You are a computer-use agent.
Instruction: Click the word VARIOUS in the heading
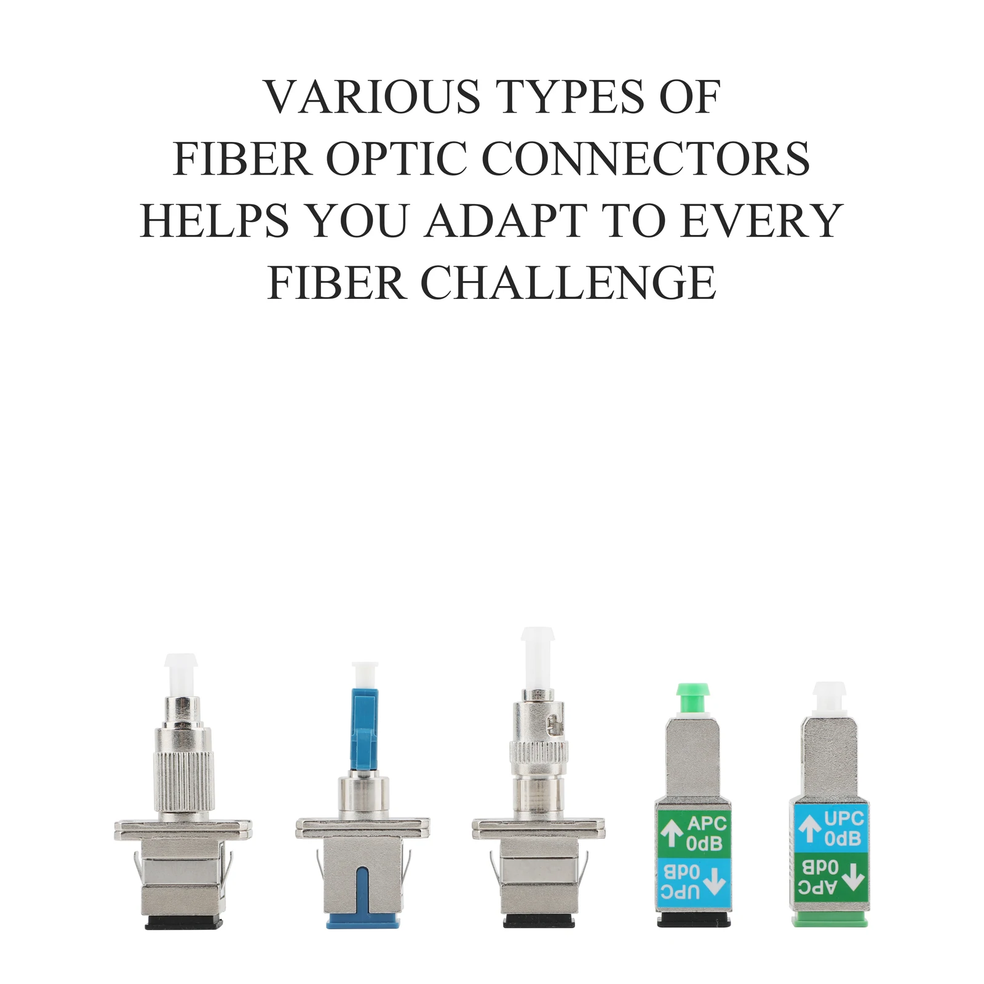(x=373, y=97)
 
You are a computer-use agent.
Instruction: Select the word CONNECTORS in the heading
(x=646, y=159)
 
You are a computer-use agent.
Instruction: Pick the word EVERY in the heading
(x=762, y=221)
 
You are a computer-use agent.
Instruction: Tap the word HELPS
(x=215, y=221)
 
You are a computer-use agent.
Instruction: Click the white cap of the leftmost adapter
(x=181, y=675)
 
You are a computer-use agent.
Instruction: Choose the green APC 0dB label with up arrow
(x=694, y=834)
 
